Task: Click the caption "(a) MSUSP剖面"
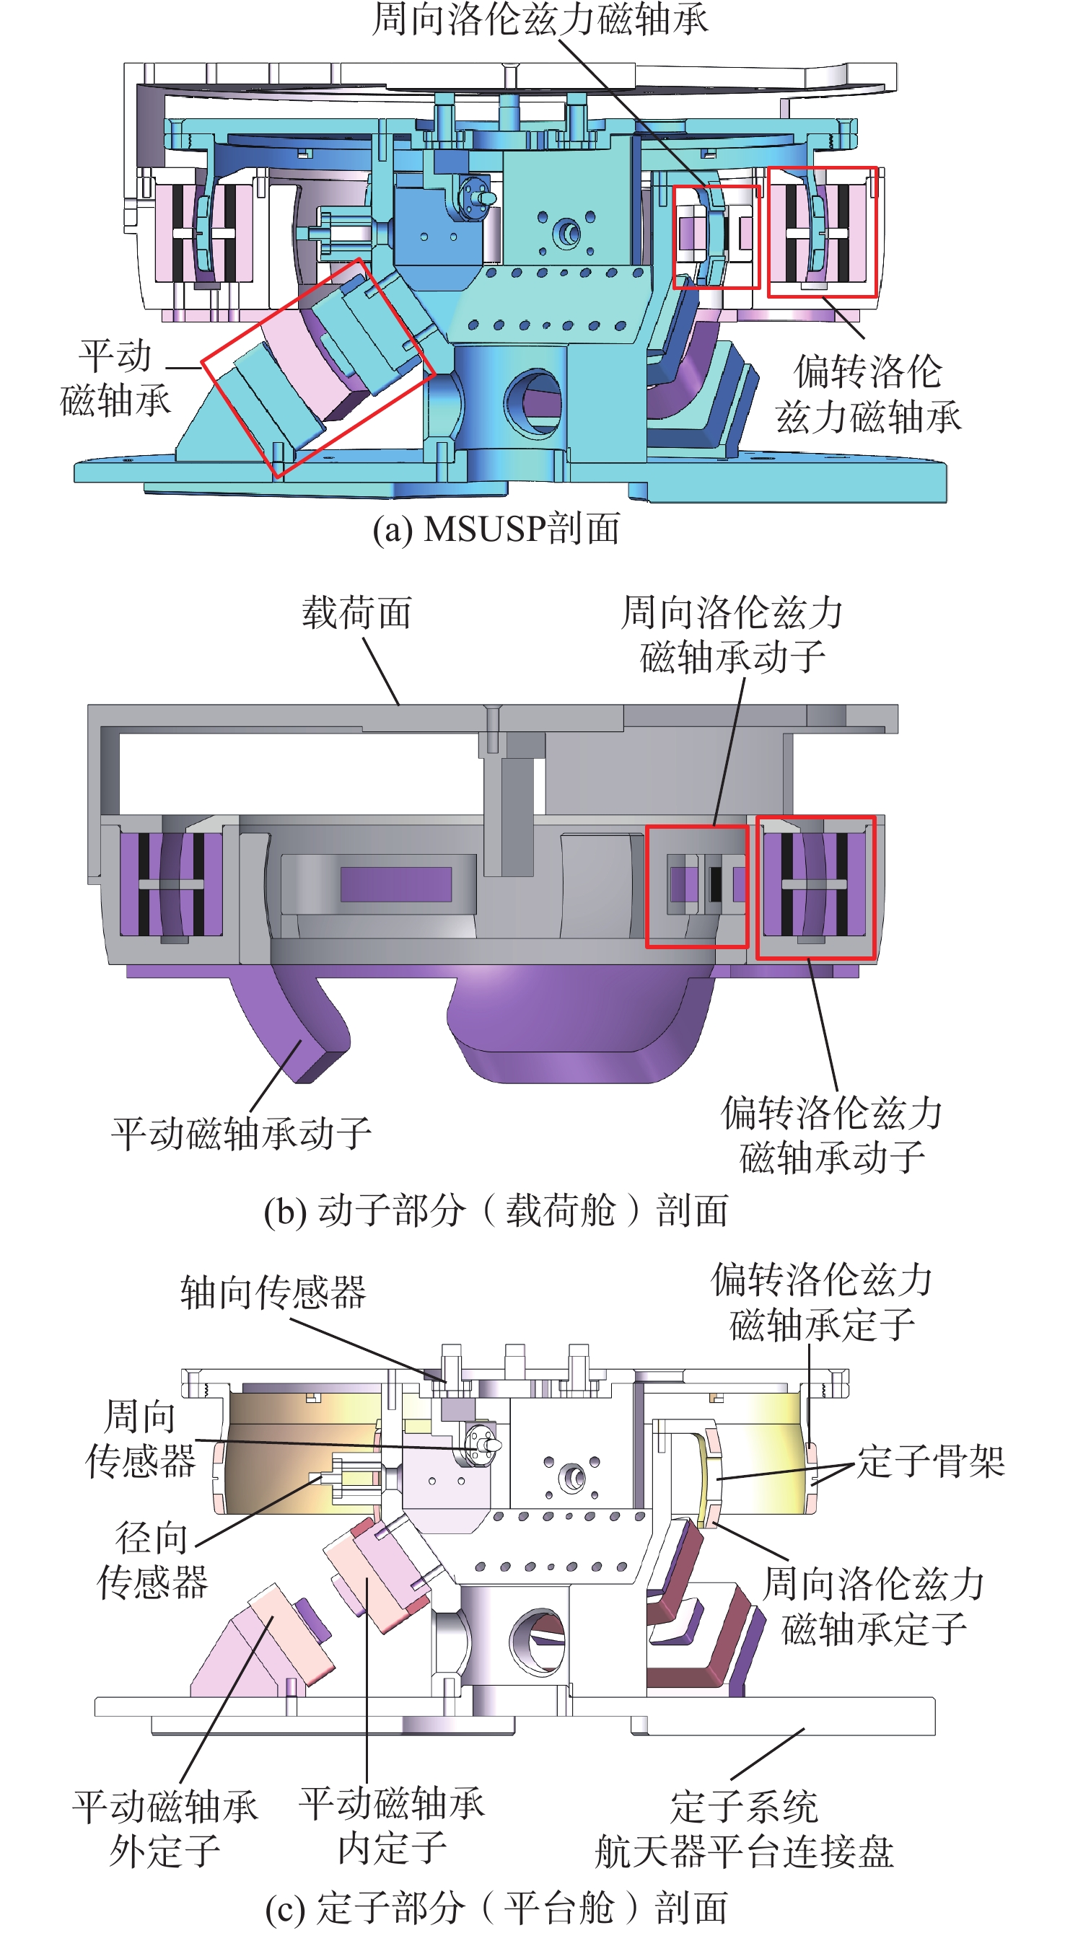(496, 528)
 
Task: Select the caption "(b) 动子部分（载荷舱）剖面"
(496, 1210)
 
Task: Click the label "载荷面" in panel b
(356, 612)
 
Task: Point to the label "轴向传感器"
(273, 1293)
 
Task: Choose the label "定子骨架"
(931, 1461)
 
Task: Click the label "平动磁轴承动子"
(241, 1133)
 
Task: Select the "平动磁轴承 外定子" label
(165, 1828)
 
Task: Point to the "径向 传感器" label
(152, 1560)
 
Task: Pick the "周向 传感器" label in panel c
(141, 1438)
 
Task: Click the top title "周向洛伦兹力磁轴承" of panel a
(540, 19)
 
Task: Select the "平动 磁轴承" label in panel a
(115, 378)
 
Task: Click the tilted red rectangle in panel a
(317, 368)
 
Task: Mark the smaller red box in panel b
(696, 886)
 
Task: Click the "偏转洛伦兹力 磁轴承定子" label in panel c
(822, 1303)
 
